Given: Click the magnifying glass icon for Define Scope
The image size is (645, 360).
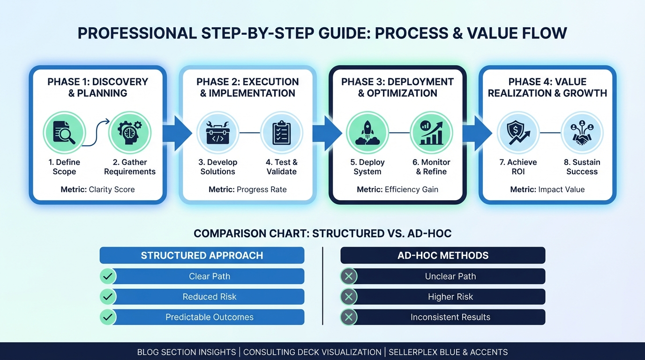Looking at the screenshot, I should point(64,133).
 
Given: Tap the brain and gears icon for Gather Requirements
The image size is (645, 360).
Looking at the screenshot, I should point(130,133).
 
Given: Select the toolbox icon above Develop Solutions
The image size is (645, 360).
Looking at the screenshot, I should point(217,133).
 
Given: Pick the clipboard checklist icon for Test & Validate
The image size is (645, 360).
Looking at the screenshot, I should point(281,133).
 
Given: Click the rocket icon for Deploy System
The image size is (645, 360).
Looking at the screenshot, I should point(367,133).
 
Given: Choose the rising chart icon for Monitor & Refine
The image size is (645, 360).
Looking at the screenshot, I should point(431,133).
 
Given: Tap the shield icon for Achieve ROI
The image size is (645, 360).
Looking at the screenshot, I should point(517,133).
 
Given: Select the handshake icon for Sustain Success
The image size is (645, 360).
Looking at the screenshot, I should point(582,133).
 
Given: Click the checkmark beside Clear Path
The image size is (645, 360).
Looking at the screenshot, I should point(108,277).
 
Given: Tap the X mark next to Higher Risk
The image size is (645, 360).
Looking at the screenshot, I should point(348,297).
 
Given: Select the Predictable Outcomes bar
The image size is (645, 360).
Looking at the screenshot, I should point(209,317).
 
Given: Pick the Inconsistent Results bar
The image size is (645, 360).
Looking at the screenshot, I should point(450,317).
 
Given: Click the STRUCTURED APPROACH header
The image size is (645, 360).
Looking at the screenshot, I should point(202,255).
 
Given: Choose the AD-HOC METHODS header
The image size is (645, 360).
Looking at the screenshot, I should point(443,255).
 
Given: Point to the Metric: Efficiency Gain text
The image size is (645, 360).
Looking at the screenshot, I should point(397,189).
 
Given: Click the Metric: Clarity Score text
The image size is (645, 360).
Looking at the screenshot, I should point(97,189).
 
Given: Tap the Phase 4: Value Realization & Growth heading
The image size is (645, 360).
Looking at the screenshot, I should point(547,88).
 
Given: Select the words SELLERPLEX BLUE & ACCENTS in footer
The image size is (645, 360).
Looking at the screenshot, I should point(448,352).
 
